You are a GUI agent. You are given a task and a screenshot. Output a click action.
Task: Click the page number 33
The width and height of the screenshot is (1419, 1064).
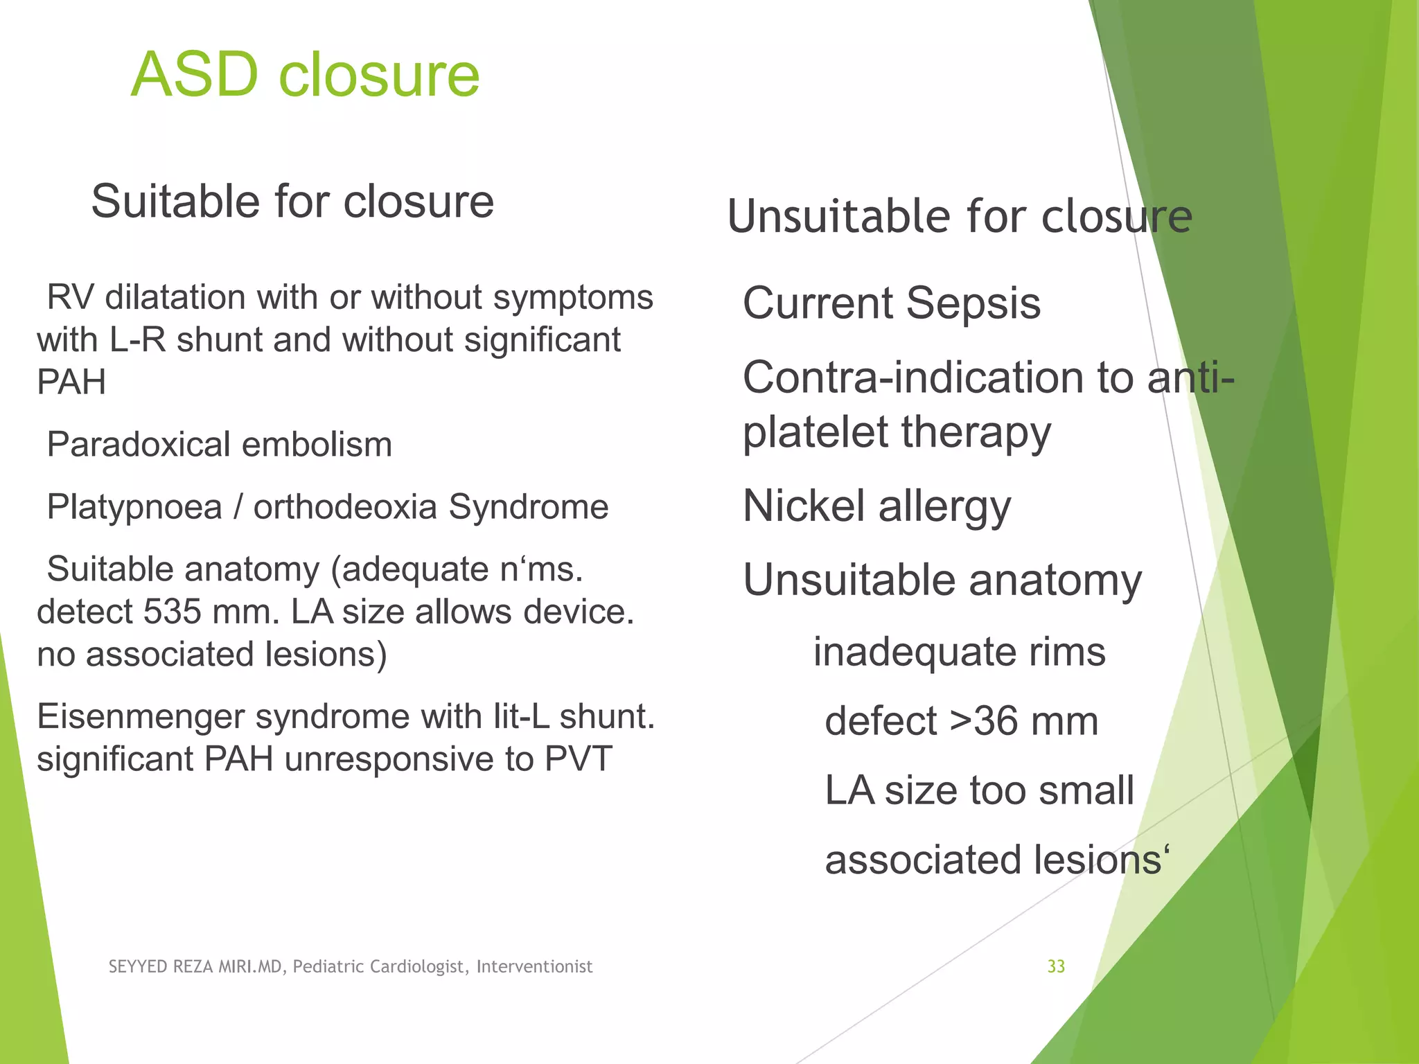point(1056,966)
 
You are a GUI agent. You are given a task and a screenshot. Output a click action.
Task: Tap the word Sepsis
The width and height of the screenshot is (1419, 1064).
point(973,303)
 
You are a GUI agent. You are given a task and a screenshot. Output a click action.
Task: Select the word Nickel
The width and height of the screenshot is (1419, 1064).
point(804,506)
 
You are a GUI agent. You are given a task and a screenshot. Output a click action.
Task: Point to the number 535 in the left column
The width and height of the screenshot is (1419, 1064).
point(173,612)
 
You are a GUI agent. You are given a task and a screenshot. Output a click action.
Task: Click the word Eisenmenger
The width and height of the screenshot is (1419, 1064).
point(141,716)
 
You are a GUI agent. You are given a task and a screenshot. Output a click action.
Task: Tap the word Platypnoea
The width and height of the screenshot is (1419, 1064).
point(134,507)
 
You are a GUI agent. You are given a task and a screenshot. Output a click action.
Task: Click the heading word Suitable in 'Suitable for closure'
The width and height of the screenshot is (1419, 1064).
point(176,202)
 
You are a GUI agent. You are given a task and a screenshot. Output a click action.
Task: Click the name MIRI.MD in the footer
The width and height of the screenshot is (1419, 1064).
point(250,967)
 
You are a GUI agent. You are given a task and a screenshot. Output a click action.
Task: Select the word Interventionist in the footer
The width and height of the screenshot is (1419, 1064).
point(534,967)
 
